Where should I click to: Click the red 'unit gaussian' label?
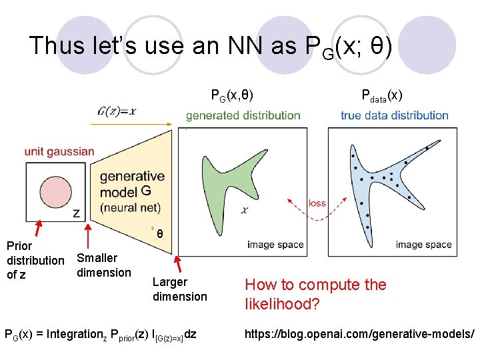tap(59, 151)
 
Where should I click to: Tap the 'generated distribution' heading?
tap(243, 115)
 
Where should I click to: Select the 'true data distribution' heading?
tap(394, 115)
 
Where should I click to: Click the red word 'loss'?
tap(317, 203)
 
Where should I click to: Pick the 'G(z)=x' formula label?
tap(117, 111)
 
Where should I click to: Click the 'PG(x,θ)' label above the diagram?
tap(232, 95)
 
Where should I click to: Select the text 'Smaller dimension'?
tap(104, 265)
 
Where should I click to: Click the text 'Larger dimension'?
tap(179, 289)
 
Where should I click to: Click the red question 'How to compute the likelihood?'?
tap(315, 294)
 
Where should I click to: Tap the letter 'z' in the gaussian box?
tap(76, 213)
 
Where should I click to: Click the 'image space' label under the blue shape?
tap(423, 245)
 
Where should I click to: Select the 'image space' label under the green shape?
tap(275, 245)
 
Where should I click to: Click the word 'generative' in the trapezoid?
tap(132, 177)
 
